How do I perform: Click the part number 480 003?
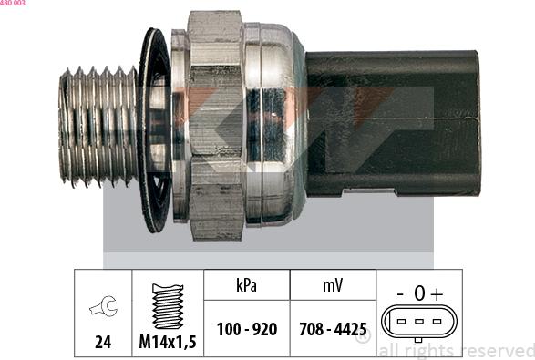pyautogui.click(x=13, y=4)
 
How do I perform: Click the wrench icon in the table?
pyautogui.click(x=103, y=309)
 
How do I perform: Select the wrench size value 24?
pyautogui.click(x=103, y=343)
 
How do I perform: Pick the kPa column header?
pyautogui.click(x=246, y=285)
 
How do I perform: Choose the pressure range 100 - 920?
pyautogui.click(x=246, y=329)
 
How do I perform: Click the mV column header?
pyautogui.click(x=332, y=285)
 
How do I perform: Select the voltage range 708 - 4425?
pyautogui.click(x=332, y=329)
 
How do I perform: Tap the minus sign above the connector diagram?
pyautogui.click(x=401, y=293)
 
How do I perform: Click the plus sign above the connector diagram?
pyautogui.click(x=437, y=293)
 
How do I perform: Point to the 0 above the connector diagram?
pyautogui.click(x=419, y=293)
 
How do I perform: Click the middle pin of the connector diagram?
pyautogui.click(x=419, y=321)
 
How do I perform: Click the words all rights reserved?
pyautogui.click(x=455, y=351)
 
